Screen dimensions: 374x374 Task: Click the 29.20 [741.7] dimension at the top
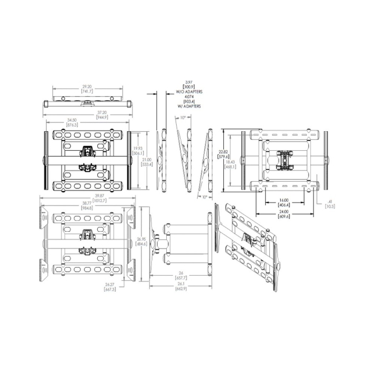[87, 89]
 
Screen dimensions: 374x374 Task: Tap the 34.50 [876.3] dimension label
[72, 122]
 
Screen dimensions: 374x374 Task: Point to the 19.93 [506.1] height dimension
[139, 152]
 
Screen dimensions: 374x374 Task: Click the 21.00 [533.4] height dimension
[147, 162]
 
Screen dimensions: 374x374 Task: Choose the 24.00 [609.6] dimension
[283, 215]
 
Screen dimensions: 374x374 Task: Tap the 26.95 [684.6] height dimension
[140, 241]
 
